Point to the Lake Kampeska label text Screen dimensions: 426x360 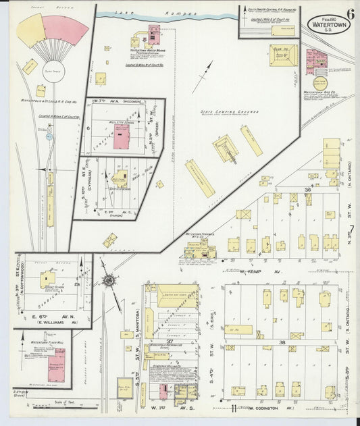157,14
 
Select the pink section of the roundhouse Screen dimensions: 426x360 66,30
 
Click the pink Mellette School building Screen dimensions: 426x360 122,136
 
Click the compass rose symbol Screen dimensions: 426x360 109,279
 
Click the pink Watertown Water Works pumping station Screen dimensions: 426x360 154,34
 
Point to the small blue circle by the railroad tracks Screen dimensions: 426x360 49,136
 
